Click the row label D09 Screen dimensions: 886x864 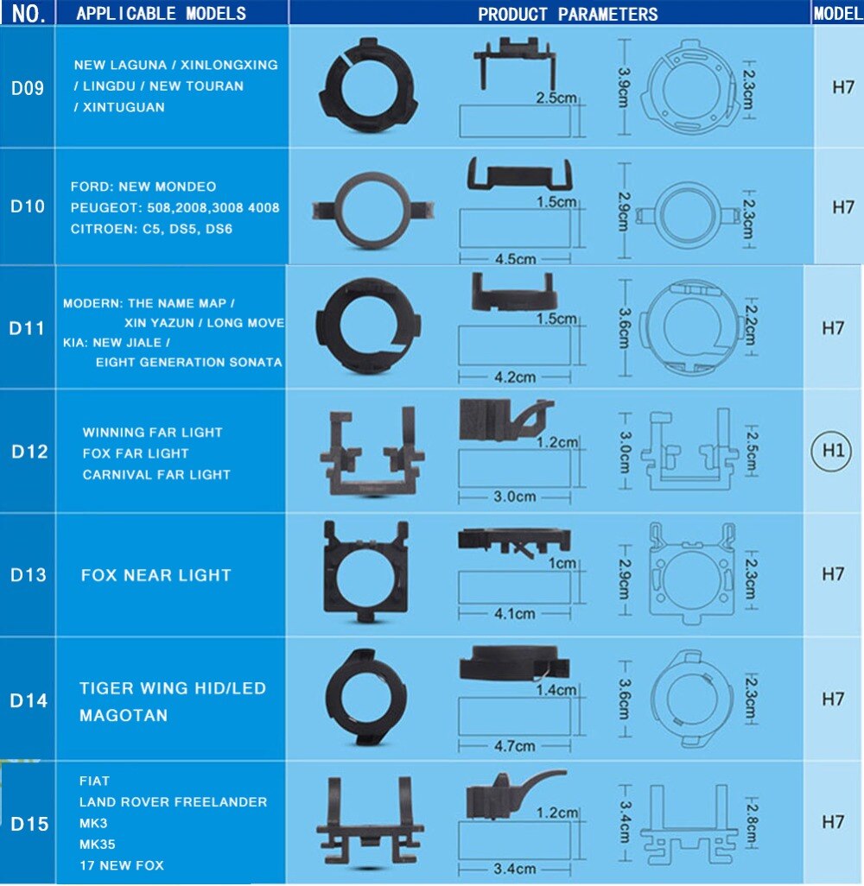point(28,87)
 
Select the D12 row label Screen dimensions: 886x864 point(29,452)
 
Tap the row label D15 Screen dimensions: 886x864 point(29,823)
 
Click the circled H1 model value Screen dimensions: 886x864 point(832,451)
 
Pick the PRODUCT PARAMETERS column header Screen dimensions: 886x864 point(568,14)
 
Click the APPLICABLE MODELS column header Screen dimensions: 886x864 point(161,13)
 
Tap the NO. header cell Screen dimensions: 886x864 point(28,14)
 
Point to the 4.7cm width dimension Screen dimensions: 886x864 point(514,745)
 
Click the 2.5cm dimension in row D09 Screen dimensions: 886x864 point(556,98)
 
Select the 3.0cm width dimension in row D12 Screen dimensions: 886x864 point(514,497)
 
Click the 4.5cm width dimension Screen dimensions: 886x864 point(514,258)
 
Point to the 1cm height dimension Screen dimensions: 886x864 point(562,563)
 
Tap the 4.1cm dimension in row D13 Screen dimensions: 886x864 point(514,614)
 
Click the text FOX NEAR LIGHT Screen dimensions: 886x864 point(156,575)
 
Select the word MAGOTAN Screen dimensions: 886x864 point(124,715)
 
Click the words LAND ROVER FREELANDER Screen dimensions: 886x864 point(173,801)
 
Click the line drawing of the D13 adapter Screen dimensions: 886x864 point(691,574)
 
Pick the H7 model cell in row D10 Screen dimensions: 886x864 point(842,207)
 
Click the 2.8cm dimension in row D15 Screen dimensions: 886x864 point(751,823)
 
